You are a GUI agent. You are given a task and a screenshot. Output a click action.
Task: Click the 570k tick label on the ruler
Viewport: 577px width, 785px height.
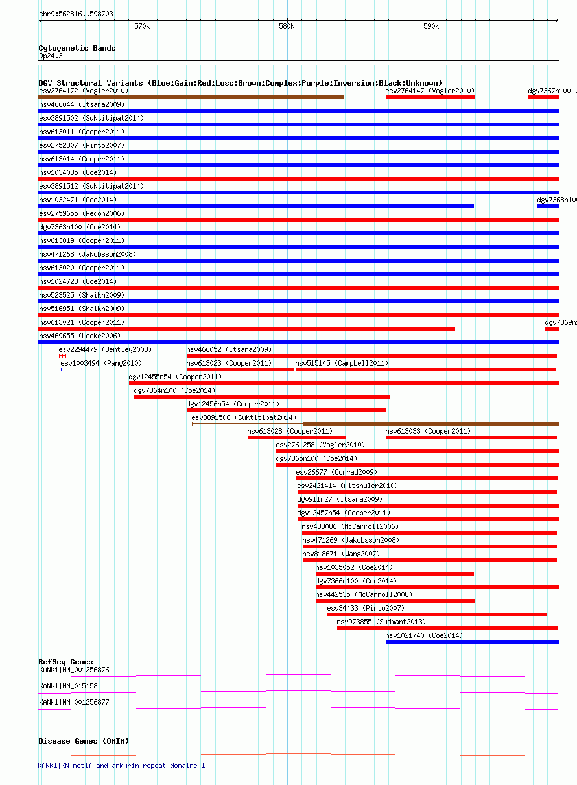(142, 27)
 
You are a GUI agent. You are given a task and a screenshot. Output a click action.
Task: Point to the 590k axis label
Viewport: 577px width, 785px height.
(431, 27)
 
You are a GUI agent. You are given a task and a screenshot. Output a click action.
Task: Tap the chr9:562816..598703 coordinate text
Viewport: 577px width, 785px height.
(76, 14)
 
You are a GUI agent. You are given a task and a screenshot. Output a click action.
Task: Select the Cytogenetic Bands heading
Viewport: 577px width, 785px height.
(77, 48)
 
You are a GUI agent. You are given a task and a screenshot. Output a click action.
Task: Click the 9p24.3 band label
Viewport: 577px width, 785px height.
(51, 56)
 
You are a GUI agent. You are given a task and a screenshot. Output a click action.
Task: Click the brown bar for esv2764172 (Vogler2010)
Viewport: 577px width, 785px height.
(191, 97)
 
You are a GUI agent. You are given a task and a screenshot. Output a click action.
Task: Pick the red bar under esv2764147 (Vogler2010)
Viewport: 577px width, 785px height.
(430, 97)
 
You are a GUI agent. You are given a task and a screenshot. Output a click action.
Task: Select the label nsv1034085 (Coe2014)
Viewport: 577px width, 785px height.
(78, 172)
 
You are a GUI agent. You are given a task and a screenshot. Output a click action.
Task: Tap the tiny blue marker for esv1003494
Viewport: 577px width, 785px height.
(62, 369)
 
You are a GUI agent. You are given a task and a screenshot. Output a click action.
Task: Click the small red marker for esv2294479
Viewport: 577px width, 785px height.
(63, 356)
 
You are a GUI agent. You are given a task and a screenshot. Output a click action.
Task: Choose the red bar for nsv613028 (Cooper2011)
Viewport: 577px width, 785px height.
(297, 438)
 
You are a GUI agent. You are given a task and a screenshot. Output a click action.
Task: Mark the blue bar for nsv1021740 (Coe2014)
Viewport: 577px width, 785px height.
(472, 642)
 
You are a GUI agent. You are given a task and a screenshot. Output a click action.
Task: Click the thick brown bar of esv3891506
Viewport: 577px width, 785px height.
(431, 424)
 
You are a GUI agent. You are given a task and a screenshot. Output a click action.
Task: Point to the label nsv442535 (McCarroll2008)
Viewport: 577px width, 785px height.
(364, 594)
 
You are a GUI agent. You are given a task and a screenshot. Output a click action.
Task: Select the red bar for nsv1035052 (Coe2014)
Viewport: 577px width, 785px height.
(395, 574)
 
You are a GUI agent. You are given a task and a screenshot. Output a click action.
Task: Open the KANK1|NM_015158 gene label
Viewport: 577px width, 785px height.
(68, 686)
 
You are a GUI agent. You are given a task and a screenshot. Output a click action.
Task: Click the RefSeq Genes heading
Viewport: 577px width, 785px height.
(66, 662)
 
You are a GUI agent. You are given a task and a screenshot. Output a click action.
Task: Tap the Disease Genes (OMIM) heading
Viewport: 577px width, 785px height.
(84, 741)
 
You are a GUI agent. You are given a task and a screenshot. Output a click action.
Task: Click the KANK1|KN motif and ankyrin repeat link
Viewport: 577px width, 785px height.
(121, 766)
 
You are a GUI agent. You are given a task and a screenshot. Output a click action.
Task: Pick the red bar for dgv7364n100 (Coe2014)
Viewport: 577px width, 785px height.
(262, 397)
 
